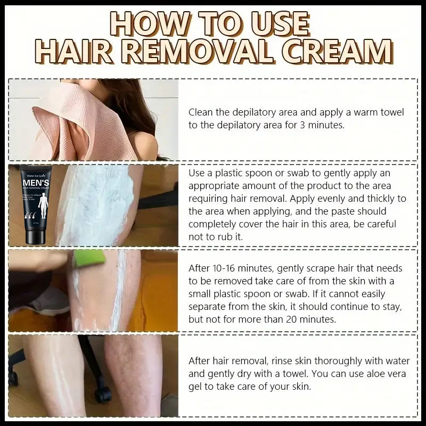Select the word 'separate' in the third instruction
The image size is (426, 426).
click(208, 307)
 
